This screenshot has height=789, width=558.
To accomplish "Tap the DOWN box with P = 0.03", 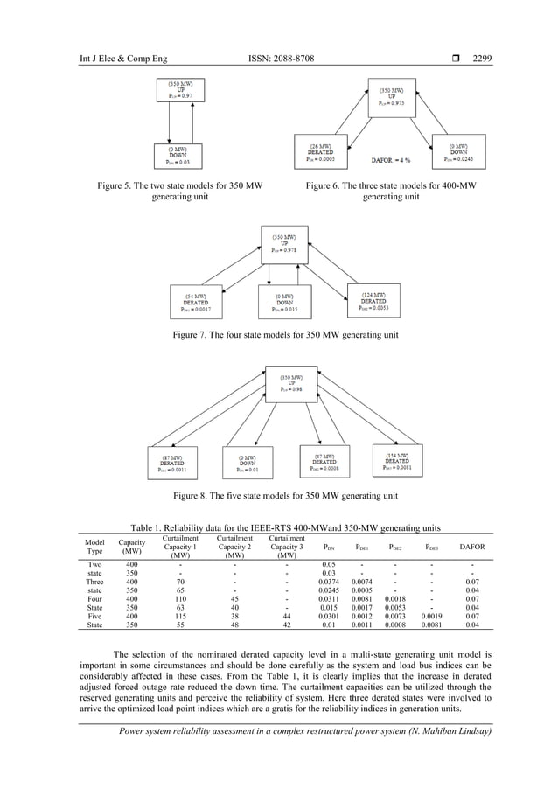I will point(182,155).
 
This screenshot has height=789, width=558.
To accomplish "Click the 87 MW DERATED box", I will point(171,463).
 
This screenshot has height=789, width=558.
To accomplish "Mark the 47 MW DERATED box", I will point(324,462).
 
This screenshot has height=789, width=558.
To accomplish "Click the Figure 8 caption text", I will point(286,497).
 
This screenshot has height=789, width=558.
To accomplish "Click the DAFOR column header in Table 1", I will point(472,548).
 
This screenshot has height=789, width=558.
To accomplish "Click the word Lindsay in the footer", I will point(472,732).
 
